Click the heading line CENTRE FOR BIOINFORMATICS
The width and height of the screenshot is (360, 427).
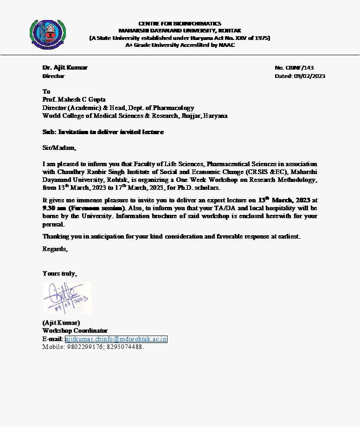click(180, 23)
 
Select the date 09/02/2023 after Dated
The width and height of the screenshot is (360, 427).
click(309, 76)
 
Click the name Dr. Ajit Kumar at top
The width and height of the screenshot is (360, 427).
click(65, 68)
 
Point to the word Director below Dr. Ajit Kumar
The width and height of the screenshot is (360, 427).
click(53, 76)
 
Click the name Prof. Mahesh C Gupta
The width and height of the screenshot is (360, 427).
click(74, 99)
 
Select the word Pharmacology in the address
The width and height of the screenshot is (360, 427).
click(173, 108)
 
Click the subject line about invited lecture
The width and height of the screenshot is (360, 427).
click(103, 132)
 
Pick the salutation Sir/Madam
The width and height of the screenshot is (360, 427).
click(59, 148)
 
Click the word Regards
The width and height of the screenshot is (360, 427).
click(55, 249)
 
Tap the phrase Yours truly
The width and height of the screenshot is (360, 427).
click(60, 273)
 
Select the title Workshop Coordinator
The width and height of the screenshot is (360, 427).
click(75, 331)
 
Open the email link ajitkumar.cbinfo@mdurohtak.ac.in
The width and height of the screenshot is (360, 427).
click(116, 339)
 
